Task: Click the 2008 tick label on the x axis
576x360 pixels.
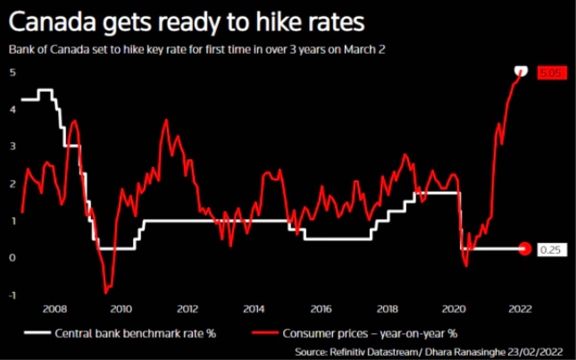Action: click(54, 310)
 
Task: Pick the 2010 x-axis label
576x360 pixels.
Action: click(121, 310)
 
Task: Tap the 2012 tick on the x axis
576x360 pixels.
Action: click(188, 310)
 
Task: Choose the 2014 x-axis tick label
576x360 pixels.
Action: click(254, 310)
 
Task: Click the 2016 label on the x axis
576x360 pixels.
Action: click(321, 310)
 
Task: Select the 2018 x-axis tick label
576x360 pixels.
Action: click(387, 310)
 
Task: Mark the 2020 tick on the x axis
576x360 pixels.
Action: click(454, 310)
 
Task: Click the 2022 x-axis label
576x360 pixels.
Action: click(520, 310)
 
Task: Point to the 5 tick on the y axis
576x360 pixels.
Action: click(13, 72)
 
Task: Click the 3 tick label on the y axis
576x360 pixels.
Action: click(13, 147)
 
